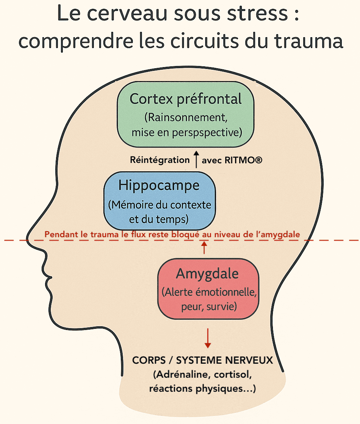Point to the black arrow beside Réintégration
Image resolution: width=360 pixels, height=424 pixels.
(x=196, y=160)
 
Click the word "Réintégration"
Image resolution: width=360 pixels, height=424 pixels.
(x=159, y=160)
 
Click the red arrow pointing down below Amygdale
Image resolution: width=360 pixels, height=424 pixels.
(x=207, y=338)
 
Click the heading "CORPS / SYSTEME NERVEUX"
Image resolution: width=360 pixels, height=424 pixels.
(x=203, y=360)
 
